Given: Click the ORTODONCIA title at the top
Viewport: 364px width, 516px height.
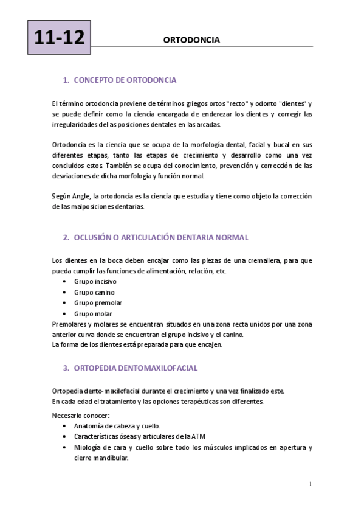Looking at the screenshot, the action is pos(191,40).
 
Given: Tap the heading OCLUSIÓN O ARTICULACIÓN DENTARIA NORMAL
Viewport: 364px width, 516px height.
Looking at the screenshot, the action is pos(160,237).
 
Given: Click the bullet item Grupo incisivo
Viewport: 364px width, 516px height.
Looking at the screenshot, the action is pos(95,282).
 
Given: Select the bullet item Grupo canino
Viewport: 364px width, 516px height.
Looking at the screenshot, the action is pos(94,292).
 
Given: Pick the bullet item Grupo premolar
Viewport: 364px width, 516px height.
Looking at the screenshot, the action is pos(98,302).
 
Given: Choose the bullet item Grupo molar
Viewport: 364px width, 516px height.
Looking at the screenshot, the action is pos(93,313).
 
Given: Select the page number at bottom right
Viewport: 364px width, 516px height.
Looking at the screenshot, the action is pos(310,484).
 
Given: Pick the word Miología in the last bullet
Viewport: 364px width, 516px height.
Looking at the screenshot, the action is pos(86,447).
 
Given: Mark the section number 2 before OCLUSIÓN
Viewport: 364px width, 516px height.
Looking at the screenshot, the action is pos(65,237).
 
